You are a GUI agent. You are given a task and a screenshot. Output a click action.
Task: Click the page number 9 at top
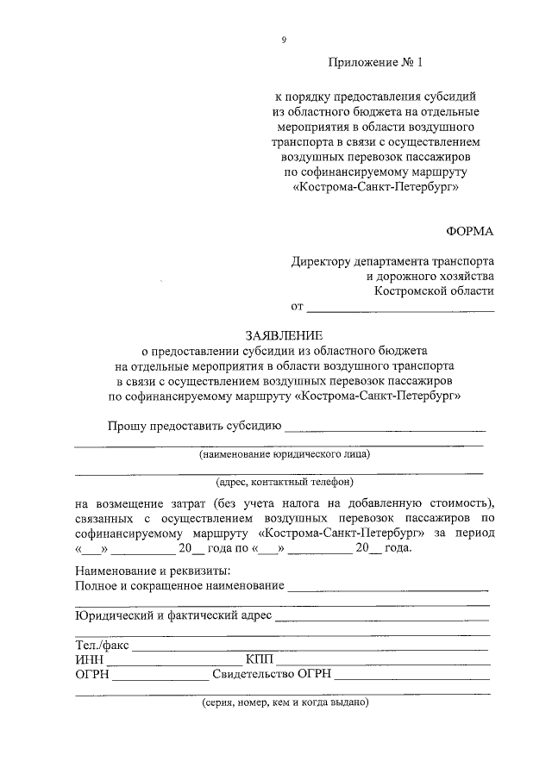(x=284, y=40)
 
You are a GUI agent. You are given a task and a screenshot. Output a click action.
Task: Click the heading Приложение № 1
(x=377, y=62)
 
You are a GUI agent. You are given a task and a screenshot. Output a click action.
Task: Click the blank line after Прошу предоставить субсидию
(x=385, y=428)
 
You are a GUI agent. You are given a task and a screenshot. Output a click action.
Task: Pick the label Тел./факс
(x=101, y=645)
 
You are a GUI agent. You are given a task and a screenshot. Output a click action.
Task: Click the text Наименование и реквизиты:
(x=152, y=571)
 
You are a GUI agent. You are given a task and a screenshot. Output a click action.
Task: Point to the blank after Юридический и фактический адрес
(x=382, y=618)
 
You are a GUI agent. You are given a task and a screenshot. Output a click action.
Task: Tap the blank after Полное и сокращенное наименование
(x=388, y=590)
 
